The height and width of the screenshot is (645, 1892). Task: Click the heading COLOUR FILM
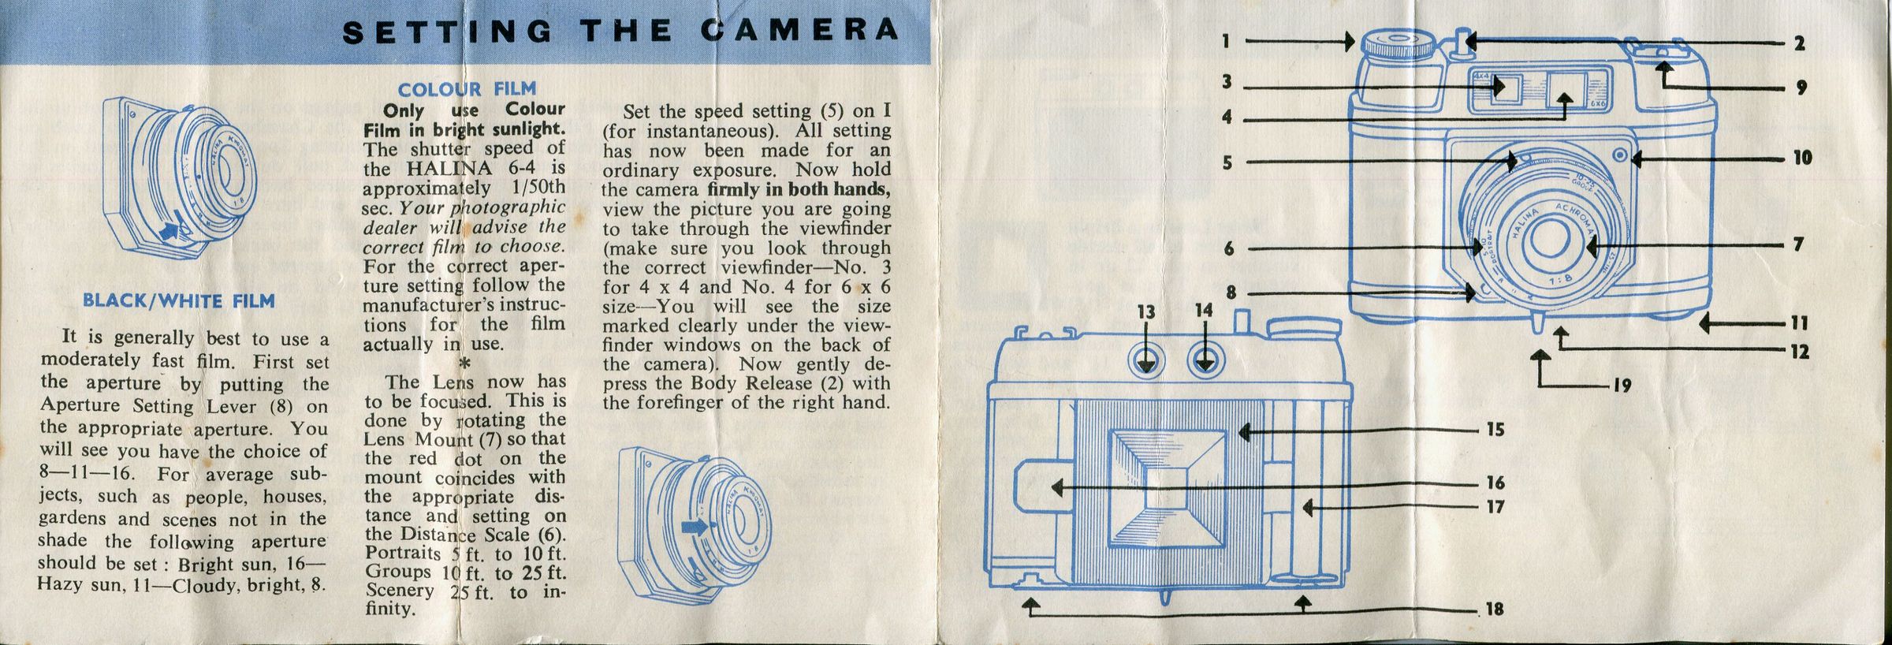(x=467, y=89)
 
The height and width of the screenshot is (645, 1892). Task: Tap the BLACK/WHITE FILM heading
(x=179, y=301)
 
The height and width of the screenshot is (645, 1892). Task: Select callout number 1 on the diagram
(x=1226, y=40)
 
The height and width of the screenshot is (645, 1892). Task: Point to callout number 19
(x=1622, y=386)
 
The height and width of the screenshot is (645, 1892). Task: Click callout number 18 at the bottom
(x=1495, y=610)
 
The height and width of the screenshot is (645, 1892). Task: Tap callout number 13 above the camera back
(x=1146, y=312)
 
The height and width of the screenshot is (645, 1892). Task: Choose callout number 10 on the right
(x=1803, y=158)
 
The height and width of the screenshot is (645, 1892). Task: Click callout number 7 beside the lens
(x=1798, y=244)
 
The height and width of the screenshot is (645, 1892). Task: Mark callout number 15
(x=1495, y=430)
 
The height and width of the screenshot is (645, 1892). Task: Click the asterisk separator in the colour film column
(x=464, y=364)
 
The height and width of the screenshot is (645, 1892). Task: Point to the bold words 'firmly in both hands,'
(x=799, y=190)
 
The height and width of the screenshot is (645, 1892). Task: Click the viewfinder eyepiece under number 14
(x=1204, y=361)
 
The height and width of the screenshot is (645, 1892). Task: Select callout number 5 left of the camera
(x=1227, y=163)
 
